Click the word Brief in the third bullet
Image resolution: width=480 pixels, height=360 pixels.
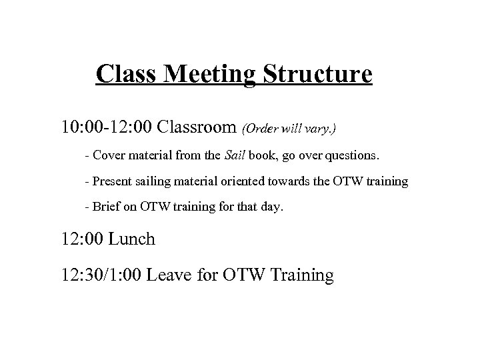(x=105, y=207)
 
